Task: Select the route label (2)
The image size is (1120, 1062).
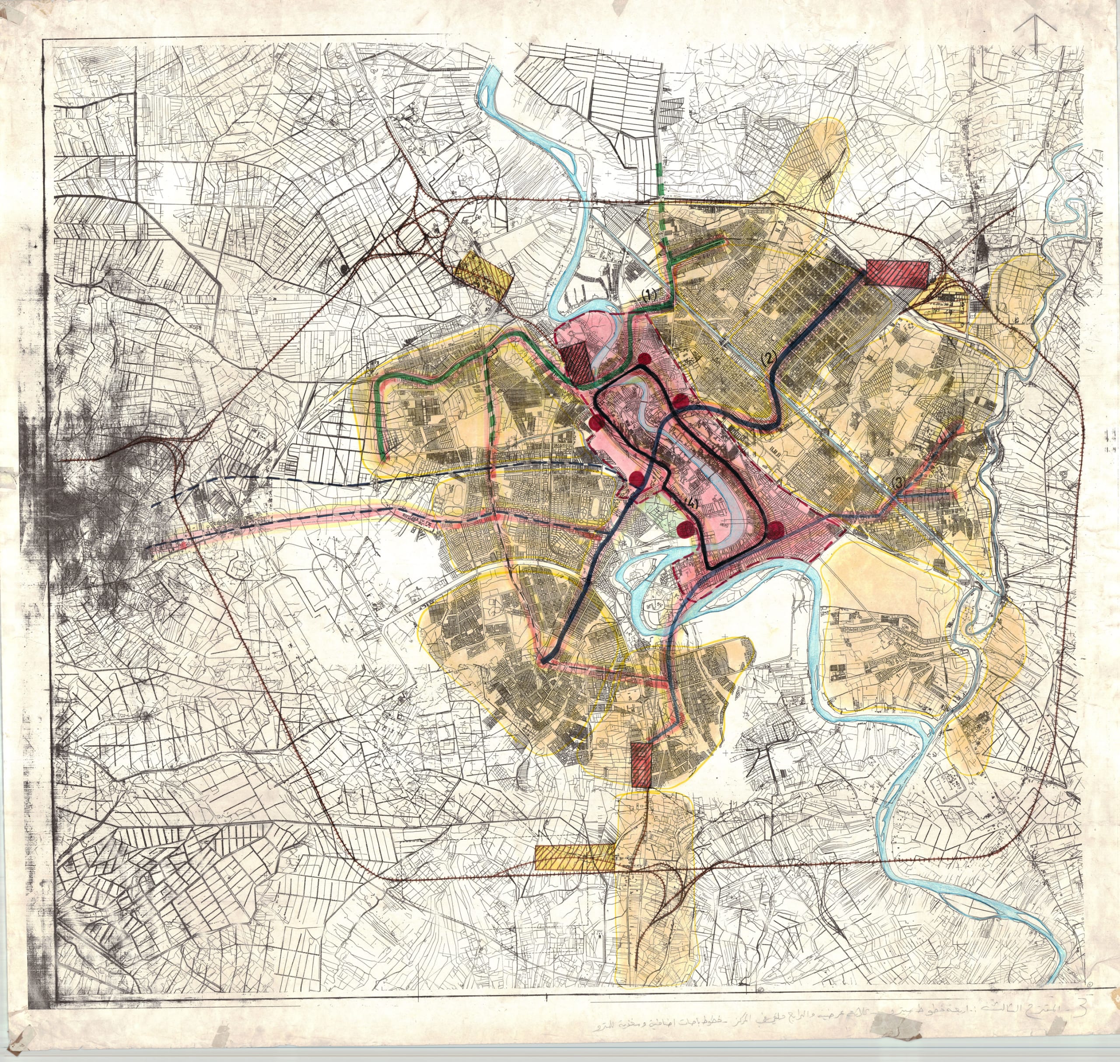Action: [768, 357]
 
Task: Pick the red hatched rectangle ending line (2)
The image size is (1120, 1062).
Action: [897, 273]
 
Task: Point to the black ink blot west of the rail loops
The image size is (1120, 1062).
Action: [344, 270]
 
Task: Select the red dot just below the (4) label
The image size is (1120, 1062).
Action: [686, 529]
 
